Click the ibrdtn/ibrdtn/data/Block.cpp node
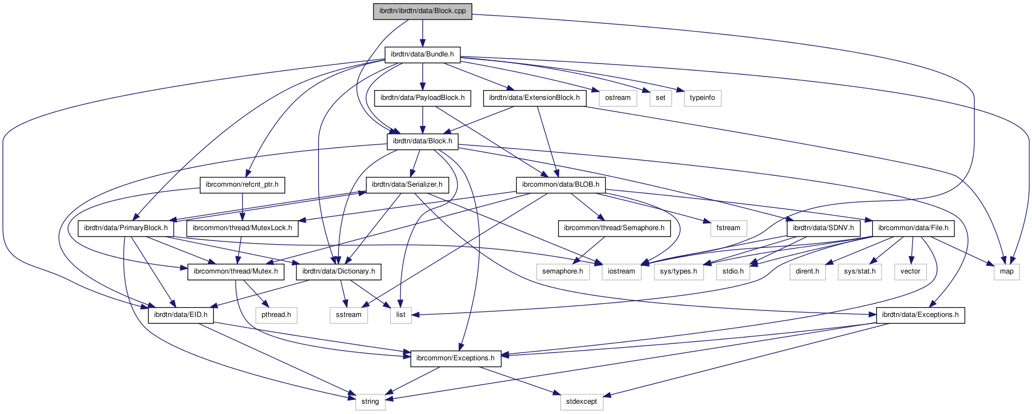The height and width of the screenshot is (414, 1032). (x=422, y=11)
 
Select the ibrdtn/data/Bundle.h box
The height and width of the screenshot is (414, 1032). (x=422, y=54)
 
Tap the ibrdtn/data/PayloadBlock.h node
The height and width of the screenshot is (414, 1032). (x=422, y=98)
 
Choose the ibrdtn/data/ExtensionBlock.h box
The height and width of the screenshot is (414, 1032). (x=534, y=98)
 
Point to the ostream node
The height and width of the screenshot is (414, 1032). (x=618, y=98)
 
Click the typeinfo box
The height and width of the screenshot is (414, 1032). (x=702, y=98)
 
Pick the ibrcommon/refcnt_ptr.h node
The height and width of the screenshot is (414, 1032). (x=242, y=184)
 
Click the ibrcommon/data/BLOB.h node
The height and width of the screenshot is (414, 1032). (x=561, y=184)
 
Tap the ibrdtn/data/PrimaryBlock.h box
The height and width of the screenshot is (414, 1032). (x=126, y=228)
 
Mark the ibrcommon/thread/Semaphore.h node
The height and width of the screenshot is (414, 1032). (x=614, y=228)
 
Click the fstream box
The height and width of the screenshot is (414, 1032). (x=728, y=228)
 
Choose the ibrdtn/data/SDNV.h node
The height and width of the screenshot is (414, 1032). (x=823, y=228)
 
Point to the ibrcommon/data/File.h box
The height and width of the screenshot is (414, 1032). (x=913, y=228)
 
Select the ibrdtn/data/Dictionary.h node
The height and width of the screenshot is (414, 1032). (x=339, y=271)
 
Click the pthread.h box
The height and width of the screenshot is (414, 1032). (x=276, y=315)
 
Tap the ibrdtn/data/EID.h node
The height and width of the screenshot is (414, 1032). (x=181, y=315)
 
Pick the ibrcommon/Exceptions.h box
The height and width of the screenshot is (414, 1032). (x=455, y=358)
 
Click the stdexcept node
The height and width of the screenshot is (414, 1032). (x=581, y=402)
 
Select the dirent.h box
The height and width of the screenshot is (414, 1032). (x=807, y=271)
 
